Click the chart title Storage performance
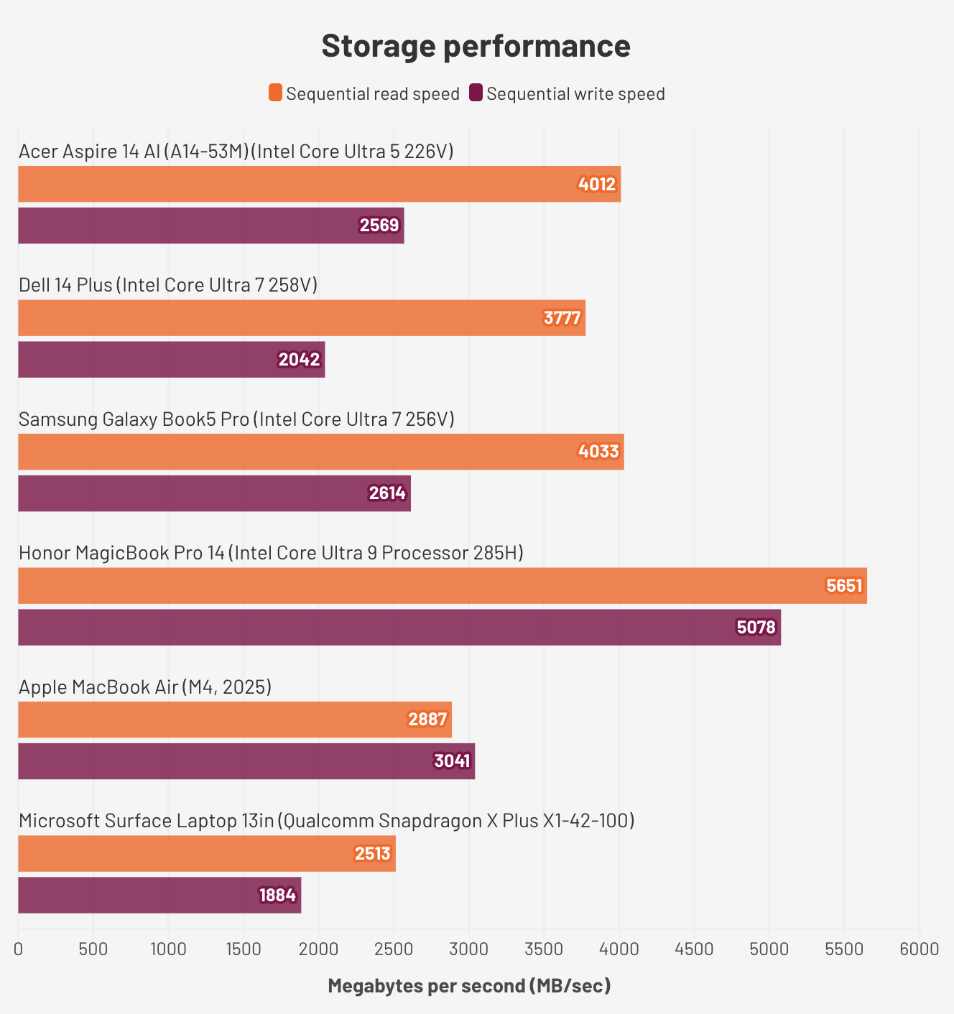pyautogui.click(x=476, y=46)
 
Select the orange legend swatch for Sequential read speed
pyautogui.click(x=276, y=93)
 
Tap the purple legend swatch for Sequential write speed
pyautogui.click(x=476, y=93)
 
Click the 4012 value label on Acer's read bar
pyautogui.click(x=597, y=185)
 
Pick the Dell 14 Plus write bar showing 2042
pyautogui.click(x=171, y=360)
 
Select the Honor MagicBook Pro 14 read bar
pyautogui.click(x=442, y=586)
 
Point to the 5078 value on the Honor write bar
pyautogui.click(x=756, y=628)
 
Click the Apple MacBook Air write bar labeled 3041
pyautogui.click(x=246, y=761)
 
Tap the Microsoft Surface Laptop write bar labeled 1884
pyautogui.click(x=159, y=896)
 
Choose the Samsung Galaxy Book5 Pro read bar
pyautogui.click(x=320, y=452)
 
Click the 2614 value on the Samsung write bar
pyautogui.click(x=387, y=493)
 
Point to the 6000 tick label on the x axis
pyautogui.click(x=919, y=949)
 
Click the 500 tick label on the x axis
pyautogui.click(x=93, y=949)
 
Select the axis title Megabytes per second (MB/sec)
pyautogui.click(x=469, y=986)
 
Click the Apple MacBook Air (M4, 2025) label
pyautogui.click(x=145, y=687)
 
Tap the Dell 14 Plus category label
pyautogui.click(x=168, y=285)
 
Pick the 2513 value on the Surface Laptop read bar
pyautogui.click(x=372, y=854)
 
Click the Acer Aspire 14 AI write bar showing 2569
pyautogui.click(x=210, y=225)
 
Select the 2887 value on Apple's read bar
pyautogui.click(x=427, y=720)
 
